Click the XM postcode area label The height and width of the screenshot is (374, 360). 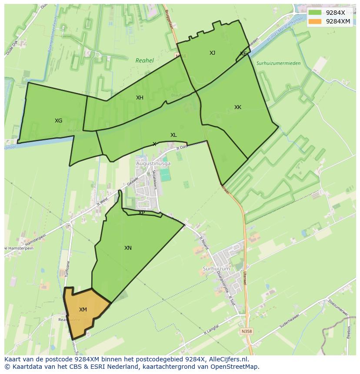83,310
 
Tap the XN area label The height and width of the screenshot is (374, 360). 128,248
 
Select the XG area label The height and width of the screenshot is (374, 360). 58,121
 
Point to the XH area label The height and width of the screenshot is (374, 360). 140,98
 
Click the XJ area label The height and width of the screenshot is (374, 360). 212,53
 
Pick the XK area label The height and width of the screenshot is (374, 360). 237,107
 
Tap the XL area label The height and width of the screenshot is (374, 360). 173,135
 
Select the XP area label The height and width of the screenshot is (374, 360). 142,213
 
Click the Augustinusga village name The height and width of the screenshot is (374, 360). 153,164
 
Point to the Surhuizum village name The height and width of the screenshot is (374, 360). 216,269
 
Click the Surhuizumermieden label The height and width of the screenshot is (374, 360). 278,63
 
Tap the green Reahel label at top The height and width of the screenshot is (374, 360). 144,61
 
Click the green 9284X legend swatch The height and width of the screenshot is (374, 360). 315,13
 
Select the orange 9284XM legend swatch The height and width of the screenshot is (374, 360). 315,21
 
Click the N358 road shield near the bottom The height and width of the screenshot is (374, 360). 246,331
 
